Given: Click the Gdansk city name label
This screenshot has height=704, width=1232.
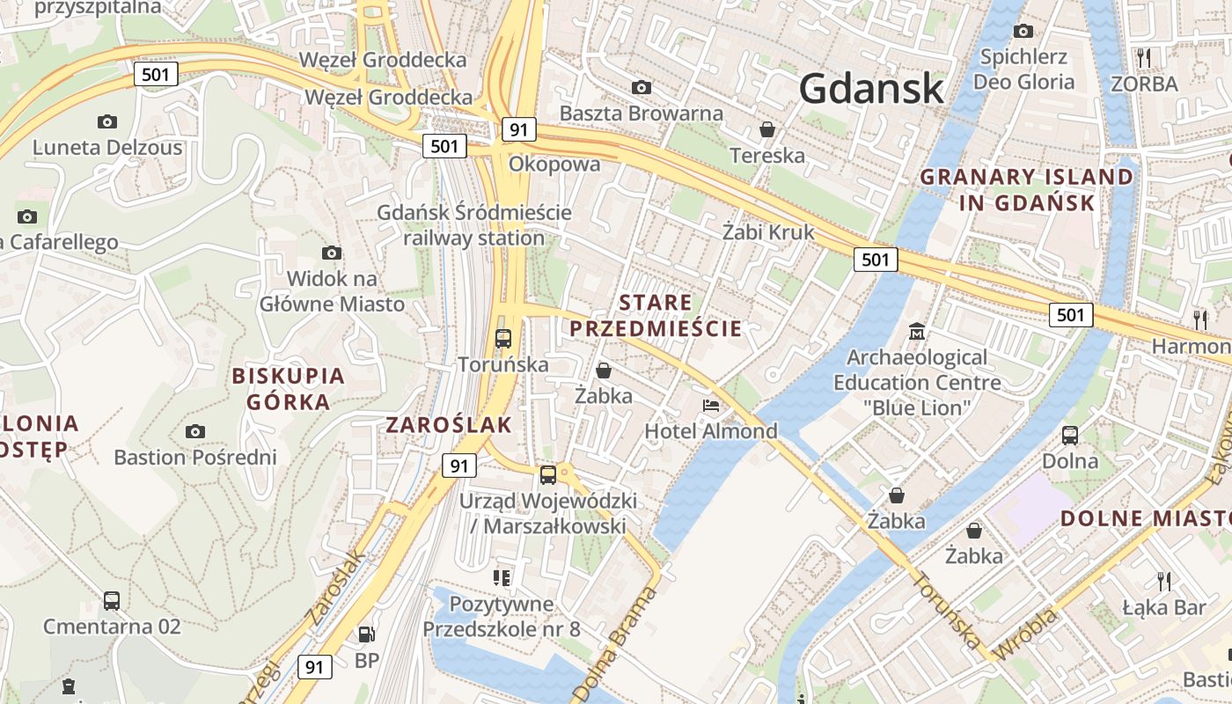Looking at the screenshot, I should (871, 89).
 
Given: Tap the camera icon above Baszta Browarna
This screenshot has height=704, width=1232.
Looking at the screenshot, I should (642, 87).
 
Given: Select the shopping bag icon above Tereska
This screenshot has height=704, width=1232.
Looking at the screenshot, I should (767, 130).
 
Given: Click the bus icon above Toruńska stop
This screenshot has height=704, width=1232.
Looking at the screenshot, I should (503, 338).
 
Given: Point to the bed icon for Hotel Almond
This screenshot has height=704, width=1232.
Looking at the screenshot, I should (711, 405).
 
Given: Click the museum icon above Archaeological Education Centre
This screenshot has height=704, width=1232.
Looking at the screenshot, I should (917, 332).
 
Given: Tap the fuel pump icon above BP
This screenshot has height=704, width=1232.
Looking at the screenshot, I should (365, 634).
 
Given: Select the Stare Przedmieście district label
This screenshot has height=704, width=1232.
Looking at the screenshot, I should (655, 316).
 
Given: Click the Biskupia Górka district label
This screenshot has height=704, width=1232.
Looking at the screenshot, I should (288, 389).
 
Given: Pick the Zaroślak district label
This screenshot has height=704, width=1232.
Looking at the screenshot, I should (449, 425).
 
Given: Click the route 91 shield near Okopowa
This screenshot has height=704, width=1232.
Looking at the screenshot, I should (519, 130).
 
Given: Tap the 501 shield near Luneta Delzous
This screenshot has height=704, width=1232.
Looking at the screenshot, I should (156, 75).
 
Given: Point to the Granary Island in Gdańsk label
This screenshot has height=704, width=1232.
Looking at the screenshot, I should (1026, 189).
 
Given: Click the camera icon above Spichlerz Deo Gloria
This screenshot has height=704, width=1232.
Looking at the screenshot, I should (1023, 32).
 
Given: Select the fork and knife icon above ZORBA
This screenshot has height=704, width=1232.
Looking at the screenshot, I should (1143, 58).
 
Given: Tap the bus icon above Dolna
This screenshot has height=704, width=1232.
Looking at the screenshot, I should (1070, 435).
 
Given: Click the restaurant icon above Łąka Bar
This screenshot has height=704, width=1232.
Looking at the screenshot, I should (1163, 581).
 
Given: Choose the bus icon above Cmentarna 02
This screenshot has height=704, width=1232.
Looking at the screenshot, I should (112, 601).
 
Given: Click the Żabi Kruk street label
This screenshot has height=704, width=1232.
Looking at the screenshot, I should (767, 232).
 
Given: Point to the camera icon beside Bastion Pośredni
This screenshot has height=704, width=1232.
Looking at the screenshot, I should (195, 431).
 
